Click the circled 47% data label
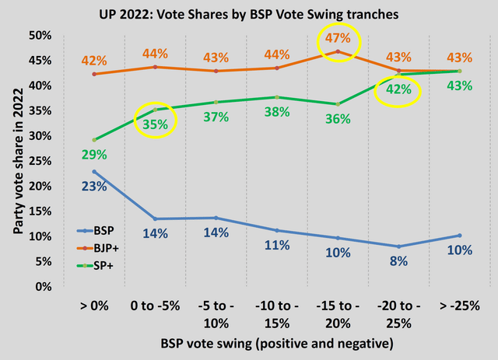tap(338, 39)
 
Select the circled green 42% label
tap(398, 91)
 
